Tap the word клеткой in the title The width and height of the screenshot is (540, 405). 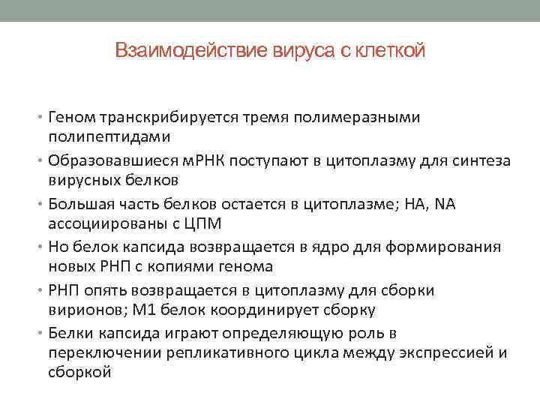[x=389, y=51]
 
